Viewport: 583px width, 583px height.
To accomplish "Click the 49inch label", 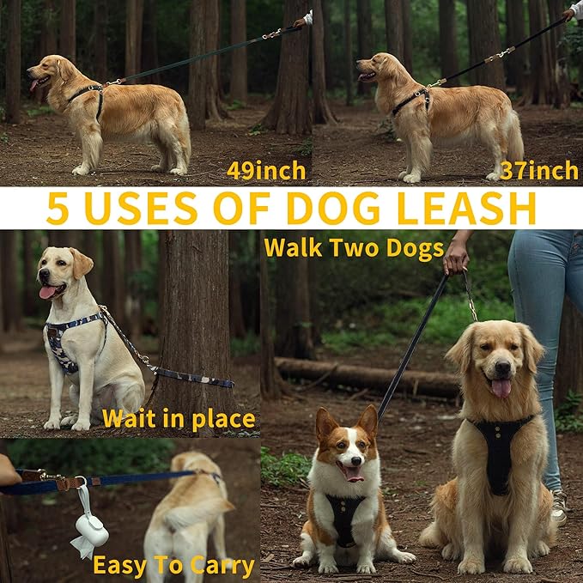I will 265,170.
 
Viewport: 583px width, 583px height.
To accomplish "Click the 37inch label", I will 538,170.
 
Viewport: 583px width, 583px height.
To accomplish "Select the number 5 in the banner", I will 58,209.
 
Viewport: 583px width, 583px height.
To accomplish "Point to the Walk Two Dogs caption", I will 353,248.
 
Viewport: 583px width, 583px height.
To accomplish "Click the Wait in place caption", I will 178,419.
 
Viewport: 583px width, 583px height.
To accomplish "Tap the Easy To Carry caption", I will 173,566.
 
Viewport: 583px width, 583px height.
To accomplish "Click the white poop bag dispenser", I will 90,530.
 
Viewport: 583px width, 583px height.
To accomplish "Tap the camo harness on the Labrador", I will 64,343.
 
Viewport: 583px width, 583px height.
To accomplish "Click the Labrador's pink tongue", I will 48,293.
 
